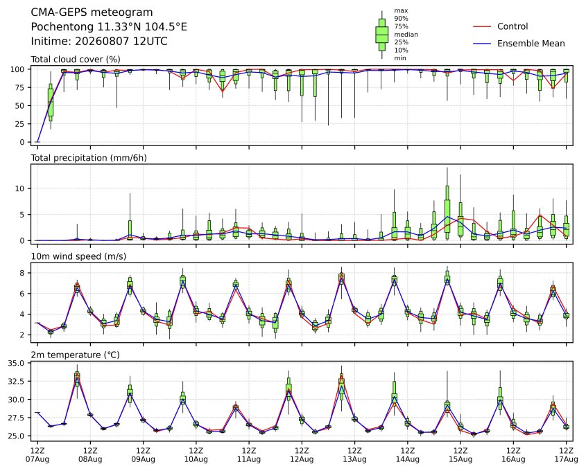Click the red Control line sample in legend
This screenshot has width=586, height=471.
(482, 26)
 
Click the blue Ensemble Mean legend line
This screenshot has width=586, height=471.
(482, 44)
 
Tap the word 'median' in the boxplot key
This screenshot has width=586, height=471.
(406, 35)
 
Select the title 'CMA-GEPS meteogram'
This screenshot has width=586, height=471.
(92, 12)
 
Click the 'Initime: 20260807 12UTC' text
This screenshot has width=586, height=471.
(99, 41)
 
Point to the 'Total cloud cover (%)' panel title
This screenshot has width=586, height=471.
(76, 60)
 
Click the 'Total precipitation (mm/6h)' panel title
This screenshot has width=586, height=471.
(89, 158)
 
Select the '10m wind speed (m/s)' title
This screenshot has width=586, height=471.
(78, 256)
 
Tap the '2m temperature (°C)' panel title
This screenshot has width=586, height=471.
(75, 355)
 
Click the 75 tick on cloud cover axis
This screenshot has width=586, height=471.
(20, 88)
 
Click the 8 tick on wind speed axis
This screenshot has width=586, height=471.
(22, 273)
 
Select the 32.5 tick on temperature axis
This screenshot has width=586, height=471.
(17, 381)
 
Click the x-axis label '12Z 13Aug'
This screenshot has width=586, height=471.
(354, 454)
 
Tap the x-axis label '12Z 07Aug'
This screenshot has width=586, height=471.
(37, 454)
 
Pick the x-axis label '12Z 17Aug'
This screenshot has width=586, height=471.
(566, 454)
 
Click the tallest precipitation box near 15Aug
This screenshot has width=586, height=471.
(447, 211)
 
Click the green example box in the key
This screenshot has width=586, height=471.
(382, 35)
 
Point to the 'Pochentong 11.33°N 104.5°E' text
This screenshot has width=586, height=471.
(109, 27)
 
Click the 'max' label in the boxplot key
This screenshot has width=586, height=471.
(401, 10)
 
